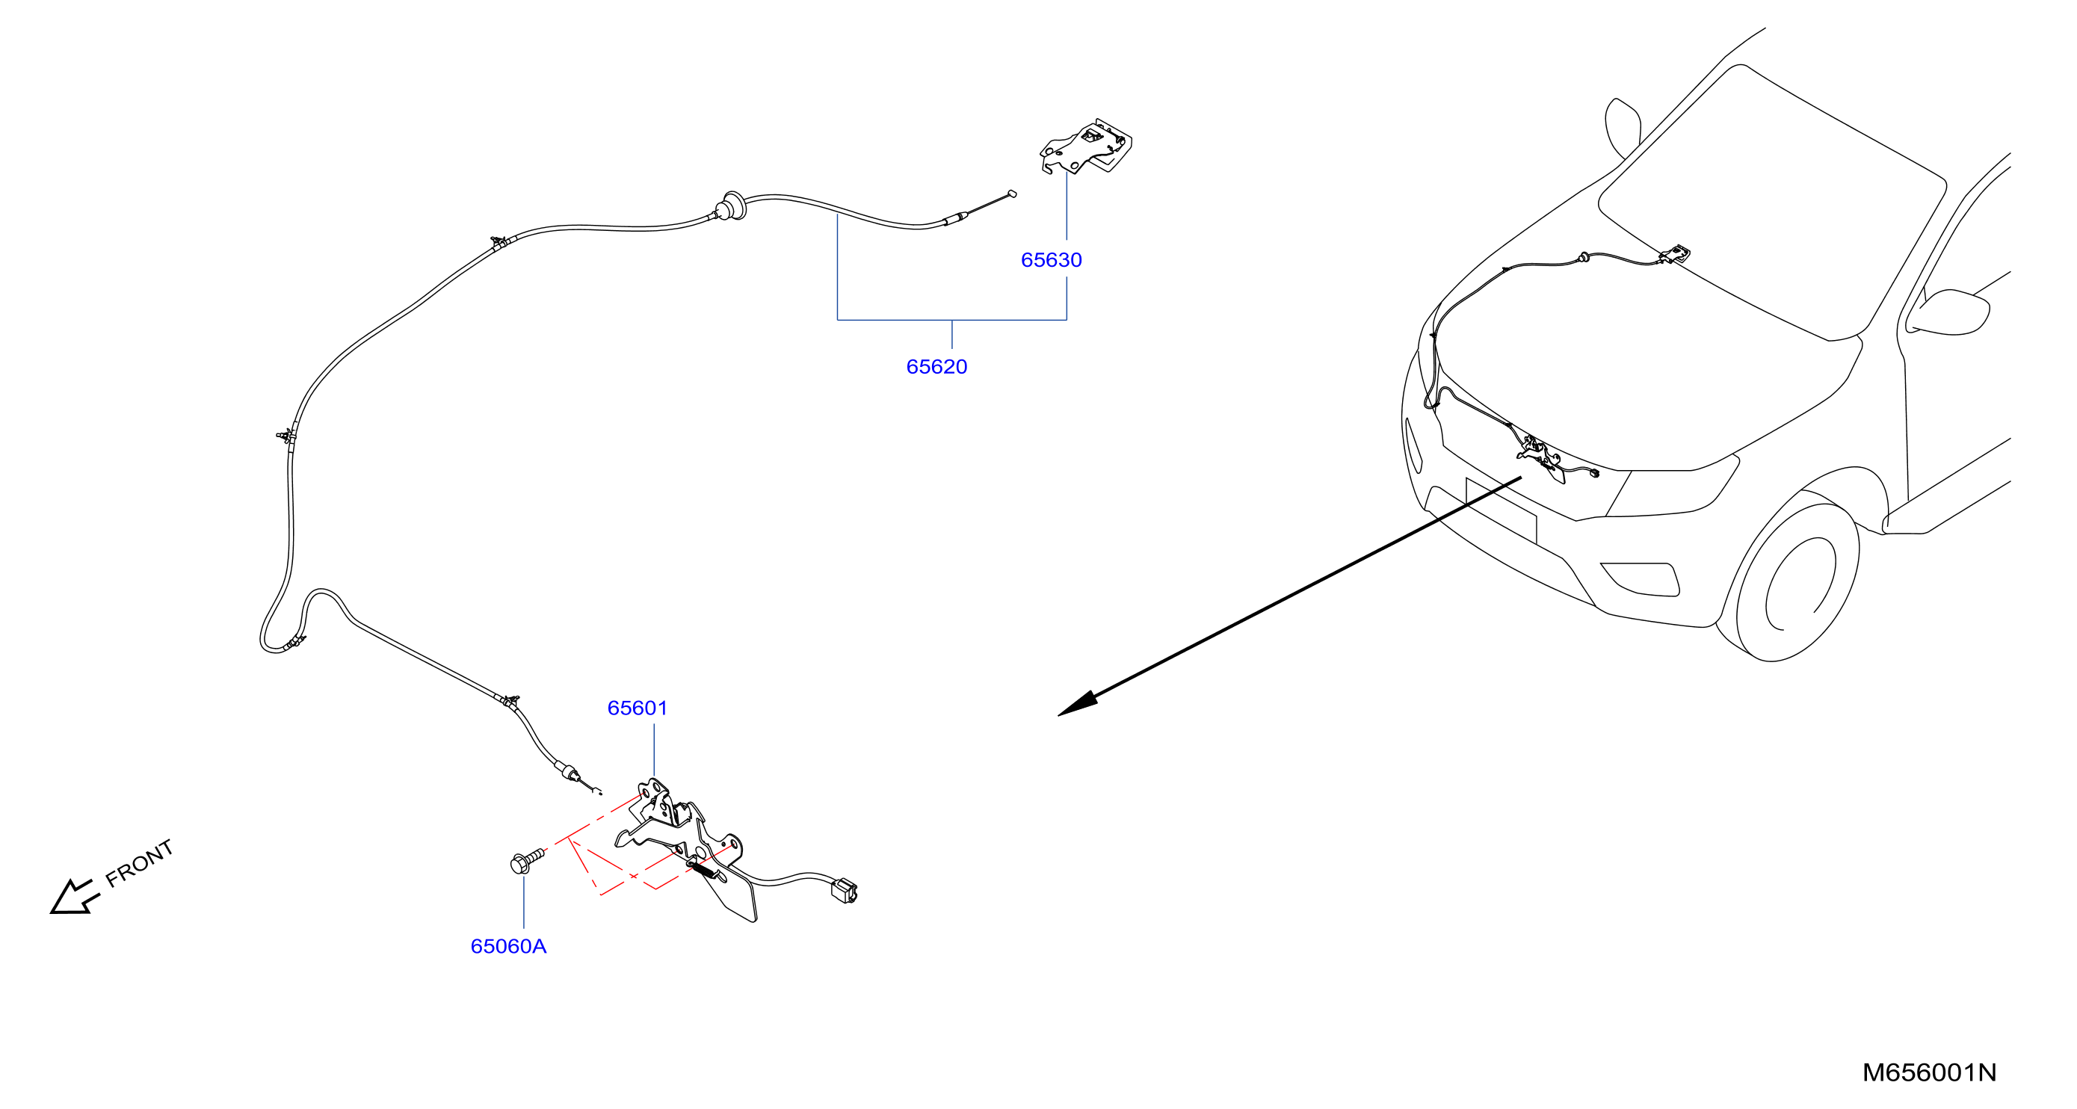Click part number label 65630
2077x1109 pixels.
pos(1051,260)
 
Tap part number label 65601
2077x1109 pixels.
pos(637,708)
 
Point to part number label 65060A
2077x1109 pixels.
pos(508,946)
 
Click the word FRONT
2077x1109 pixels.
pos(140,863)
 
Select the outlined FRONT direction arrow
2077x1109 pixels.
pos(74,897)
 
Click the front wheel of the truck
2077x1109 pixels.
pos(1798,581)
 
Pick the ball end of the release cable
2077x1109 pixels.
pos(1013,194)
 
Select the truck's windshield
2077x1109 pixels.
pos(1770,202)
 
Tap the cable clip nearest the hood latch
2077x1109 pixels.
pos(510,701)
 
